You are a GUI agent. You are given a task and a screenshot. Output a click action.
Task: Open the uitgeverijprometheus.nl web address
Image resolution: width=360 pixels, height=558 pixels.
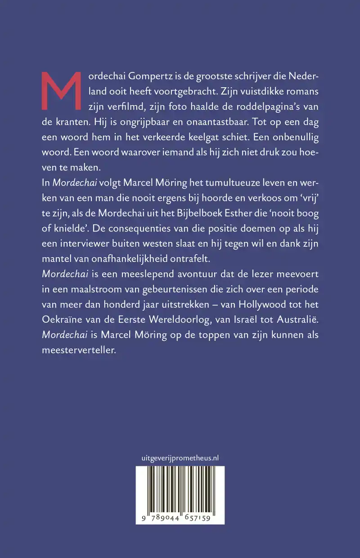tap(180, 458)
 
